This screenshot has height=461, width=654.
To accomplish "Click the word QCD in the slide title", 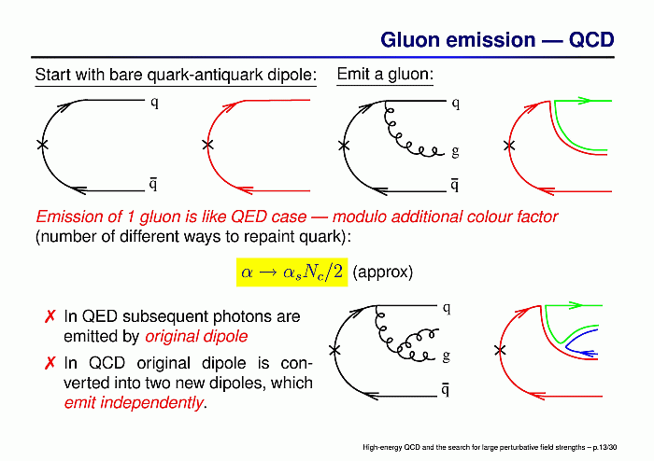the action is (x=591, y=40).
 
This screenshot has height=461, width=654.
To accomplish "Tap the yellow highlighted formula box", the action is (x=291, y=272).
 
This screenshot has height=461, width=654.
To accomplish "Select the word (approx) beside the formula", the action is (x=382, y=272).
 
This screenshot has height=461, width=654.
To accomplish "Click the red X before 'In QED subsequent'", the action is (x=50, y=316).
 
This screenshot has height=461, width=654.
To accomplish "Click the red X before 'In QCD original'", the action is (x=50, y=363).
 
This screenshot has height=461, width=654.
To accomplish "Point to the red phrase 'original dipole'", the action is (x=196, y=337).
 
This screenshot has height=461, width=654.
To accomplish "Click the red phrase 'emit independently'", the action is (x=134, y=403).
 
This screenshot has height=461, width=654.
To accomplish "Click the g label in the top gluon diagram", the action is (x=455, y=151).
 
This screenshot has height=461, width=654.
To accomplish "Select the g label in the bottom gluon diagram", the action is (x=446, y=356).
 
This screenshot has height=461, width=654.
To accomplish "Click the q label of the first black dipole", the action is (x=154, y=103).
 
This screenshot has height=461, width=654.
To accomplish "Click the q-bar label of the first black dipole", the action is (x=153, y=183).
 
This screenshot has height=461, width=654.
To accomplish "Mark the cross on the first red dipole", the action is (x=207, y=145).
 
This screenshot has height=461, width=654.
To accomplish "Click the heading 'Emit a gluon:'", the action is (x=385, y=74).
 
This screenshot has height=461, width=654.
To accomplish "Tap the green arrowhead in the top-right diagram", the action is (x=585, y=101).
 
